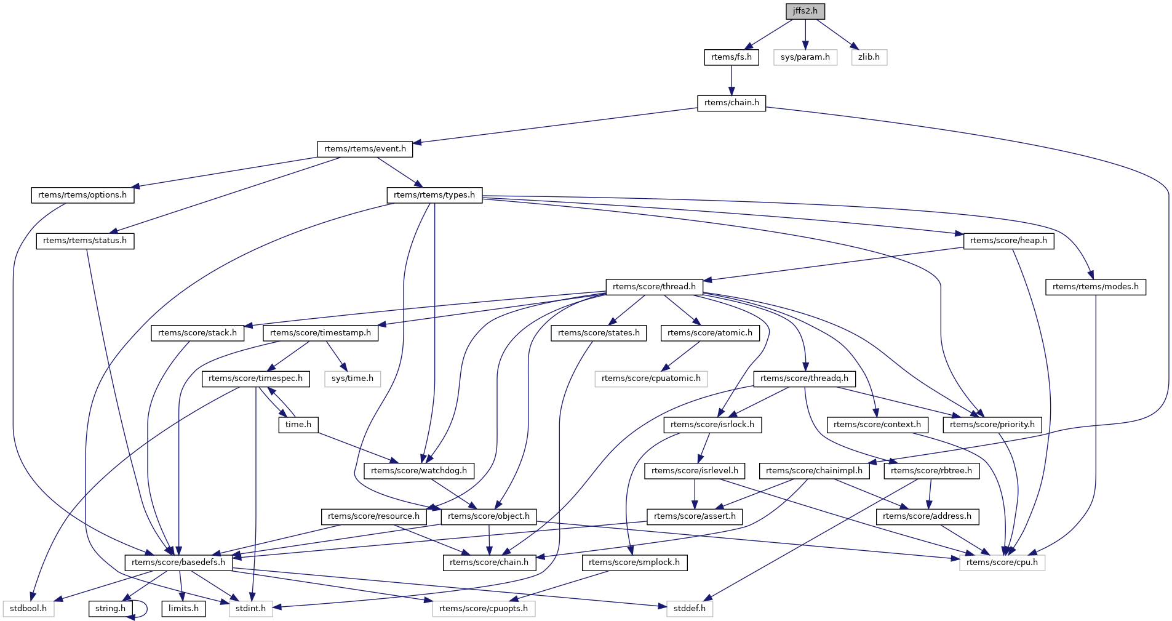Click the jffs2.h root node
pos(805,11)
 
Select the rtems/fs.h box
pos(731,57)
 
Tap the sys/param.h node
pos(805,57)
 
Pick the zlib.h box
pos(869,57)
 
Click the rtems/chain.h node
pos(731,103)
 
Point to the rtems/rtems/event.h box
pos(365,149)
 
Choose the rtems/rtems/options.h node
pos(82,195)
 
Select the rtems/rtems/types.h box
pos(434,195)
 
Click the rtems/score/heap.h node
pos(1008,241)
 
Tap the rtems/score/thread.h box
pos(654,287)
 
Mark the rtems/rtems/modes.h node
pos(1095,287)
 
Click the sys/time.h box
pos(352,379)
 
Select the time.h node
pos(298,425)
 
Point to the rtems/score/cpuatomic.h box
pos(651,379)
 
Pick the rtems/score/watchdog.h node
pos(419,471)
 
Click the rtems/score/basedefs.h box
pos(178,563)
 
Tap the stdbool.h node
pos(28,609)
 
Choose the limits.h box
pos(183,609)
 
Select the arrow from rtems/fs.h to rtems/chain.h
pos(731,80)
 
